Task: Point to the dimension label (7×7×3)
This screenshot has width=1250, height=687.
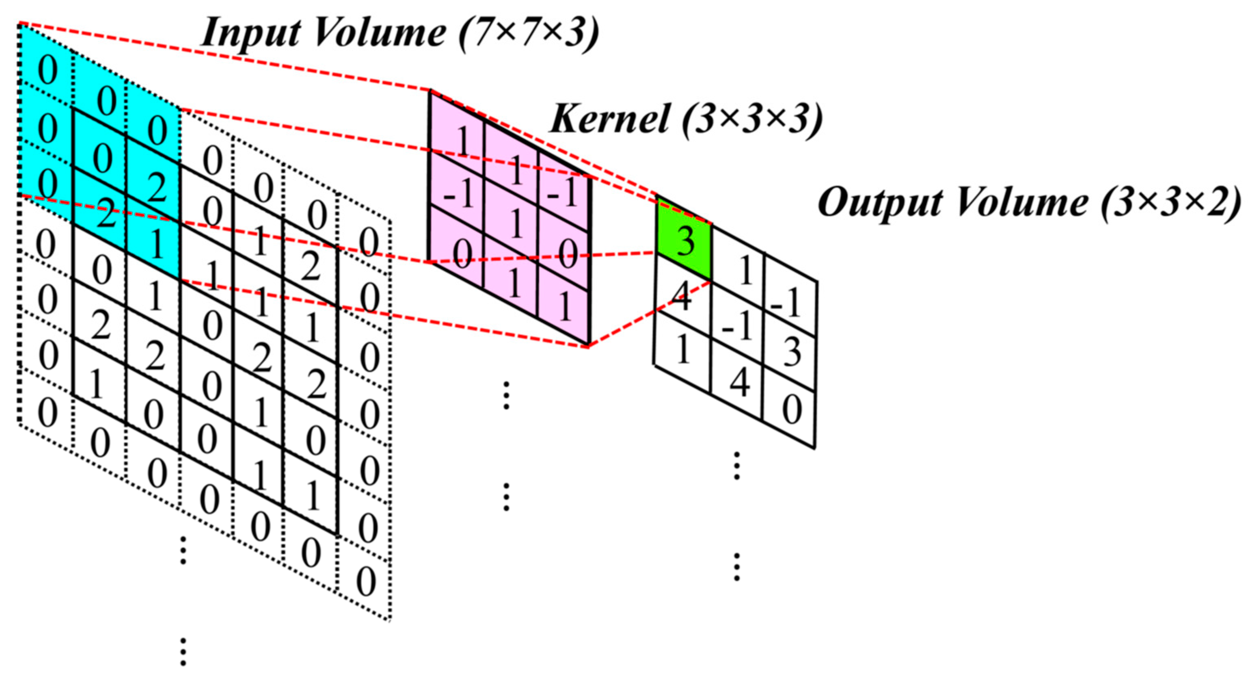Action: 529,33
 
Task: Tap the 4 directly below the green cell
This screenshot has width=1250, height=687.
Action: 682,297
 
